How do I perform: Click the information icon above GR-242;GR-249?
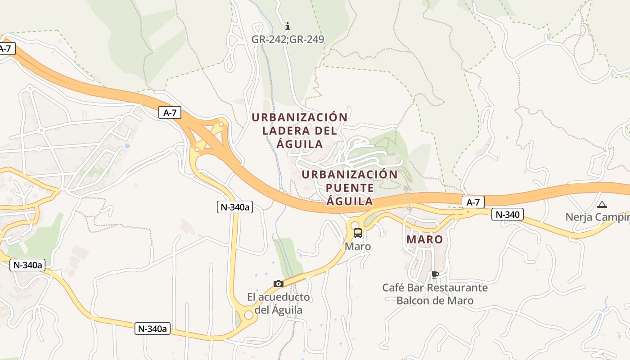[x=288, y=27]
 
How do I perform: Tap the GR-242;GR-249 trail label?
[x=288, y=39]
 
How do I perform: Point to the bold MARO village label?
[x=425, y=239]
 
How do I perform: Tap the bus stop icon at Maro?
[x=358, y=233]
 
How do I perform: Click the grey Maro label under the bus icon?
[x=358, y=247]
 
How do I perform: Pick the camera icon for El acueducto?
[x=279, y=283]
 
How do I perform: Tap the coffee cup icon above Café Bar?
[x=435, y=274]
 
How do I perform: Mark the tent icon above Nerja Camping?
[x=602, y=204]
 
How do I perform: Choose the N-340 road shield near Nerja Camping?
[x=507, y=215]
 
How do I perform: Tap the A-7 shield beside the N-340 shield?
[x=473, y=202]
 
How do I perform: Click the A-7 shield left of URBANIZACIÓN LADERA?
[x=170, y=113]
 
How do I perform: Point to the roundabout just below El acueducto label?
[x=248, y=315]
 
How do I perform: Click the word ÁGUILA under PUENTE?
[x=350, y=201]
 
